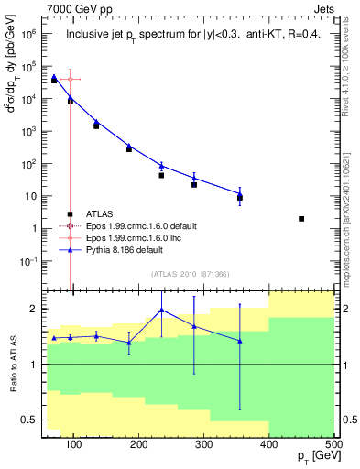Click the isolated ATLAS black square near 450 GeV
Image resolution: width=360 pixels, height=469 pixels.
[301, 219]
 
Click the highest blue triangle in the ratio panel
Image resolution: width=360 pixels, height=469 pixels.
[162, 310]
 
